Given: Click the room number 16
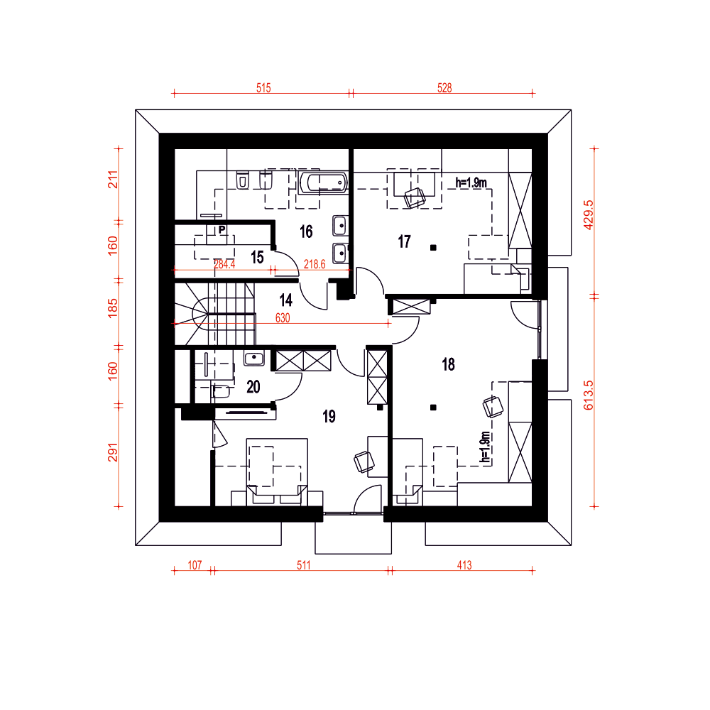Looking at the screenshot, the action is point(306,232).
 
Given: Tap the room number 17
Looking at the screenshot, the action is point(405,242).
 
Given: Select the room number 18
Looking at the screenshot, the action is point(448,364).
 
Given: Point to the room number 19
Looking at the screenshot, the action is point(329,417).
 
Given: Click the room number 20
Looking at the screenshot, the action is point(253,387).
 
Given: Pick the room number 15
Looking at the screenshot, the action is point(257,257).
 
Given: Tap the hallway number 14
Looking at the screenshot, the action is point(285,300).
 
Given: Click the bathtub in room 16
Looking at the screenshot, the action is point(323,182).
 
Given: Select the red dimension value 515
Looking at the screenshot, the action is point(263,88).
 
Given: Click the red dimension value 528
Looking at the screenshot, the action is point(444,88).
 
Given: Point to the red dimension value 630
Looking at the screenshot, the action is point(283,318).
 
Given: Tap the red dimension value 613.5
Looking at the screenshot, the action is point(588,395).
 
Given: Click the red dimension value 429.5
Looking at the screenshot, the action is point(588,215).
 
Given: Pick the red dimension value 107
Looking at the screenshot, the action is point(195,565).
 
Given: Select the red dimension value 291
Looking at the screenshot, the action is point(113,452).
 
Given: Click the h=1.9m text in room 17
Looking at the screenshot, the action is point(471,183).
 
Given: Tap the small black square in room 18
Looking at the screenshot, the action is point(433,408).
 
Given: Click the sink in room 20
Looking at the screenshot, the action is point(254,359).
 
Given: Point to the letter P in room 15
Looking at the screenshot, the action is point(222,229).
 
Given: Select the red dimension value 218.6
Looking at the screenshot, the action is point(315,264).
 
